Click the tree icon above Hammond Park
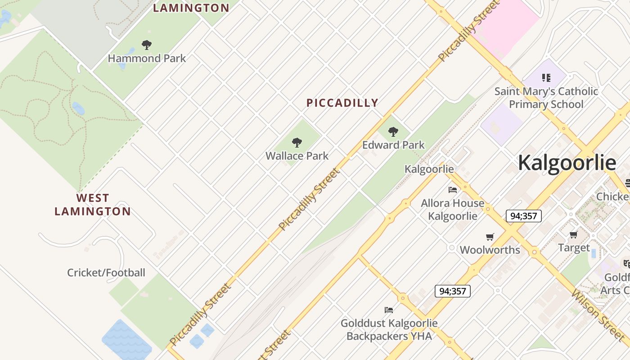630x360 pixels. [x=146, y=45]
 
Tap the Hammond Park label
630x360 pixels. [x=147, y=58]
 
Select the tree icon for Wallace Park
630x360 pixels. [x=297, y=143]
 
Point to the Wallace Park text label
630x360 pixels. [x=297, y=156]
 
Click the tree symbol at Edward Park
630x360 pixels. [x=393, y=132]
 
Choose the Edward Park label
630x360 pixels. [x=393, y=145]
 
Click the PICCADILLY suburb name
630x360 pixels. [x=342, y=103]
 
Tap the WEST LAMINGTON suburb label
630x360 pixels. [x=93, y=205]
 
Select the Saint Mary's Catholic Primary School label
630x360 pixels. [x=546, y=98]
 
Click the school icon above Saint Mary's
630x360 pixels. [x=546, y=78]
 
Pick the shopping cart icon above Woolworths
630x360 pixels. [x=490, y=237]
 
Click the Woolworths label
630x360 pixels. [x=490, y=250]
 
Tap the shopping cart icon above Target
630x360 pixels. [x=574, y=234]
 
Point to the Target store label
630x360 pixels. [x=574, y=247]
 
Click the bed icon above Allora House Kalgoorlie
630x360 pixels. [x=453, y=190]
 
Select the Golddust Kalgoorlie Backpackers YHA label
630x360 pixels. [x=389, y=329]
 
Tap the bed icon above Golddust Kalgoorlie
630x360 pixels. [x=389, y=310]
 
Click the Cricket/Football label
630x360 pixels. [x=106, y=273]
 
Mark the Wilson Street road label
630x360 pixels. [x=598, y=315]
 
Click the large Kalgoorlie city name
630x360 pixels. [x=567, y=162]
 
